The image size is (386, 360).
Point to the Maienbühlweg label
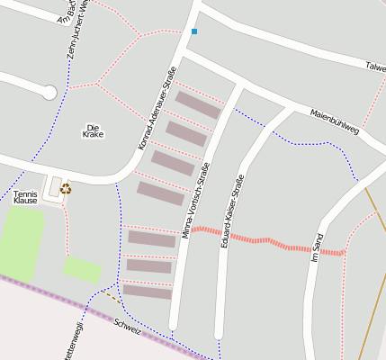pyautogui.click(x=334, y=122)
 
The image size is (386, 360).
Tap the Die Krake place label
pyautogui.click(x=94, y=130)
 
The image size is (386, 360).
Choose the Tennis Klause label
pyautogui.click(x=26, y=197)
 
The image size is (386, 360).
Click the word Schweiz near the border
pyautogui.click(x=128, y=327)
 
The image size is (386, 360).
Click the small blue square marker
pyautogui.click(x=193, y=31)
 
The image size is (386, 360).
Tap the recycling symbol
pyautogui.click(x=66, y=188)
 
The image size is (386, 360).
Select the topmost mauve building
pyautogui.click(x=198, y=104)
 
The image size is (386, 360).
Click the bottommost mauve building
pyautogui.click(x=147, y=292)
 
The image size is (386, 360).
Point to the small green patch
pyautogui.click(x=82, y=268)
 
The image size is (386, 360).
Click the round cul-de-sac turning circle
pyautogui.click(x=49, y=91)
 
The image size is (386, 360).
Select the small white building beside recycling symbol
pyautogui.click(x=54, y=186)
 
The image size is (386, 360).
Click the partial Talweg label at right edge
pyautogui.click(x=375, y=67)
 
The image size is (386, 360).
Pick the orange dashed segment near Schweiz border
pyautogui.click(x=109, y=293)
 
